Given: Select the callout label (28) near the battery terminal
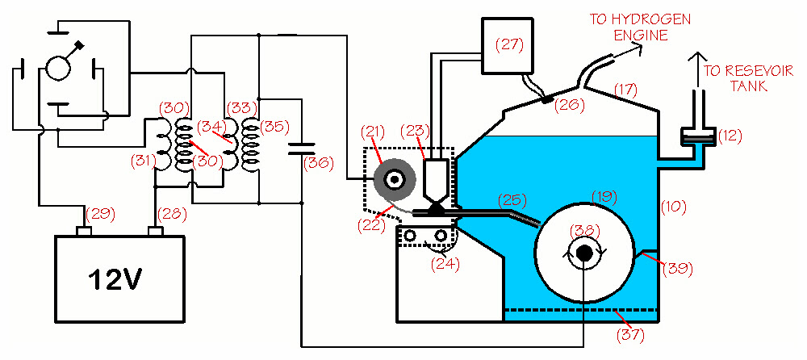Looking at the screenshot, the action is pyautogui.click(x=172, y=213).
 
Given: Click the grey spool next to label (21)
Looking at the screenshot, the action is pyautogui.click(x=395, y=181).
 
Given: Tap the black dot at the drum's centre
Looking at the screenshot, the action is pyautogui.click(x=584, y=253).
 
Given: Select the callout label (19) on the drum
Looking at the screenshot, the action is pyautogui.click(x=604, y=197).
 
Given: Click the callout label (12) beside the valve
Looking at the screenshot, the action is pyautogui.click(x=728, y=136).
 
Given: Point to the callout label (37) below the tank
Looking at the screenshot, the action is pyautogui.click(x=630, y=335).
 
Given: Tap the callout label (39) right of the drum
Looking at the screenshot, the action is pyautogui.click(x=678, y=268).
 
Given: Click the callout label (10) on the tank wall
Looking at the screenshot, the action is pyautogui.click(x=673, y=207).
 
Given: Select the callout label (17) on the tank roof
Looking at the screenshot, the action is pyautogui.click(x=625, y=91).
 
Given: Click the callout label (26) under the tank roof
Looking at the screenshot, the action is pyautogui.click(x=569, y=105).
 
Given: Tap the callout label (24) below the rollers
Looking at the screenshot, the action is pyautogui.click(x=445, y=264).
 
